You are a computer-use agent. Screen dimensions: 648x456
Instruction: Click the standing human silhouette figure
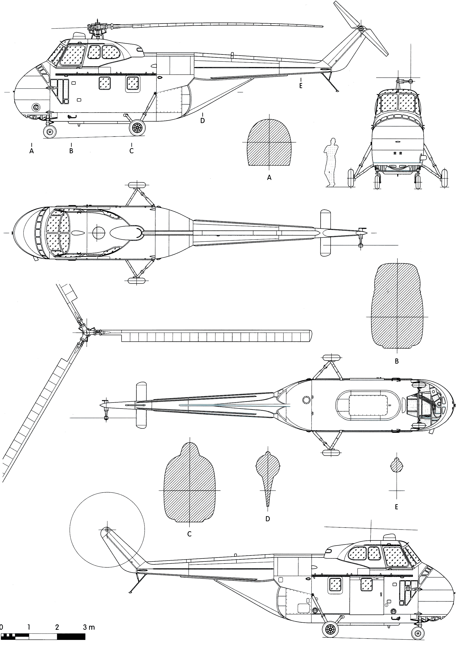click(330, 162)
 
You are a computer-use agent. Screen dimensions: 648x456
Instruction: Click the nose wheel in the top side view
click(50, 131)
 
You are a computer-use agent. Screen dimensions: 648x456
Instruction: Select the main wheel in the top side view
click(137, 128)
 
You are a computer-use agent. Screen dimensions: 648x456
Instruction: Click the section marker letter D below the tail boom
click(202, 120)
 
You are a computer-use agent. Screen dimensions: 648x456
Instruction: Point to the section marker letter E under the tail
click(301, 86)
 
